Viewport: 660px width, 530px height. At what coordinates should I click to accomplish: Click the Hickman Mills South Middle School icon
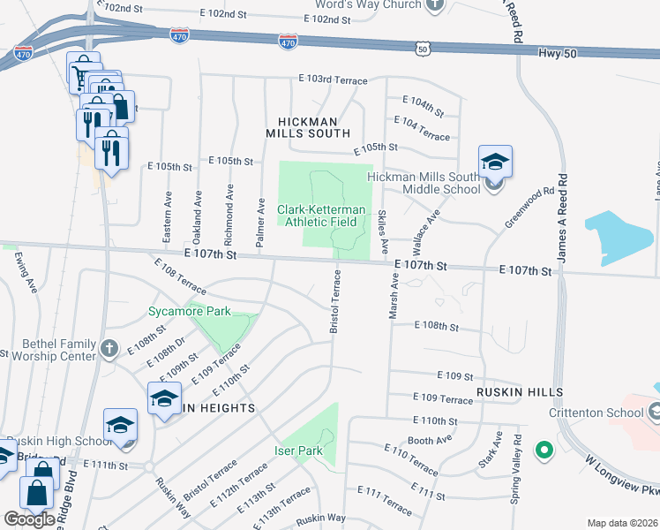(495, 163)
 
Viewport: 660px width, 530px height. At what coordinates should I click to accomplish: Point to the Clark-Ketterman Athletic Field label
(317, 216)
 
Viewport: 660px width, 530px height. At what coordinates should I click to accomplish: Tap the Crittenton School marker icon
(654, 412)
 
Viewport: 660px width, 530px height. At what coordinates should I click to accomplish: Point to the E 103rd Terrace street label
(333, 80)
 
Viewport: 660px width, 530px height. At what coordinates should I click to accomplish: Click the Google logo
(29, 519)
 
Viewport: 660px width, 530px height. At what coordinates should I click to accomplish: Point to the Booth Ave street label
(429, 439)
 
